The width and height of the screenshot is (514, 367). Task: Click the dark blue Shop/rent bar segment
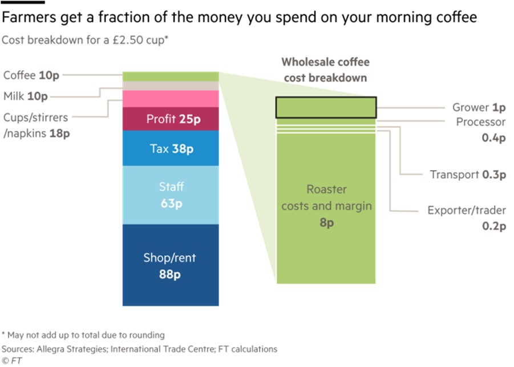tap(171, 265)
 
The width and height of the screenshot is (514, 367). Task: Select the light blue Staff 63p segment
tap(171, 195)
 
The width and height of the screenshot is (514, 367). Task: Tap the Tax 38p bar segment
tap(171, 148)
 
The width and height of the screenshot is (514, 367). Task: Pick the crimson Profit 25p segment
tap(171, 119)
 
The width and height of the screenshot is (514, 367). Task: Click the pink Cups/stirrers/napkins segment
tap(171, 99)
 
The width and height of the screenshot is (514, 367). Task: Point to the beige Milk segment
tap(171, 86)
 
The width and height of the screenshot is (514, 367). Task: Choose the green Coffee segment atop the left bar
tap(171, 76)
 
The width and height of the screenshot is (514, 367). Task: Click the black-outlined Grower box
tap(326, 107)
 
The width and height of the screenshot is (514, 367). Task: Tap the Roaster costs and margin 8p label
tap(326, 205)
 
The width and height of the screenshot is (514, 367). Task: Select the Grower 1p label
tap(479, 107)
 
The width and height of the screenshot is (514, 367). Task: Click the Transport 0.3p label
tap(468, 175)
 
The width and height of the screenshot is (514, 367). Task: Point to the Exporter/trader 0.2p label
tap(467, 218)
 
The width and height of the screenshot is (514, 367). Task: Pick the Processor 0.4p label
tap(481, 130)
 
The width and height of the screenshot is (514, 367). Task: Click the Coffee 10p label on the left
tap(31, 75)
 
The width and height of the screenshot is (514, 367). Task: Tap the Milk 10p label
tap(26, 96)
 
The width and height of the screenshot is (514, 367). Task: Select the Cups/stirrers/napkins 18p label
tap(37, 126)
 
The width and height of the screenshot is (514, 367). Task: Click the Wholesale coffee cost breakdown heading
tap(326, 70)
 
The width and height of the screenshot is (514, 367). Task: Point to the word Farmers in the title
tap(29, 17)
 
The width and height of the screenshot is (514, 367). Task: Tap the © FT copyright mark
tap(11, 361)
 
